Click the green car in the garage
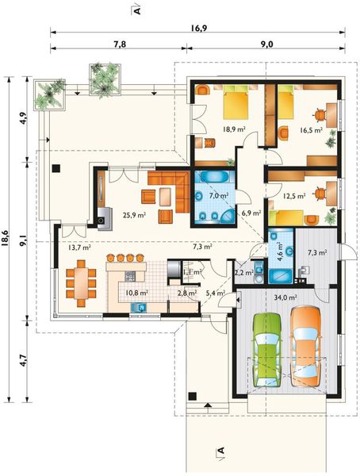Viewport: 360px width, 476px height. (267, 349)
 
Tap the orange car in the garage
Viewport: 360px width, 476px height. (305, 347)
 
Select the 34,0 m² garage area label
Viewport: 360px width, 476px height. (285, 297)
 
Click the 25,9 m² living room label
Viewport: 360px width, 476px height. (135, 215)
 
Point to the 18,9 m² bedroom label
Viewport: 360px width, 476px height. (235, 129)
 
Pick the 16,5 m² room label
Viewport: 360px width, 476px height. (311, 131)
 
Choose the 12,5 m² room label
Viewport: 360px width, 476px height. (294, 196)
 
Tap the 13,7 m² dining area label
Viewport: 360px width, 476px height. (79, 248)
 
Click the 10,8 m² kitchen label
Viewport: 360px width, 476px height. (136, 293)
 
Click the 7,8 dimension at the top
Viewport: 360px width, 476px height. (120, 44)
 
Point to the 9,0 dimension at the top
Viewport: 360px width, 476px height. (266, 44)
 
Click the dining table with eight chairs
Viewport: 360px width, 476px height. (81, 283)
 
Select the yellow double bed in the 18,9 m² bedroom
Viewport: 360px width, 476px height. (236, 102)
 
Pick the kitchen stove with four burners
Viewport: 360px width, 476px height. (130, 276)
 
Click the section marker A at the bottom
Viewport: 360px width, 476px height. (220, 450)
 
